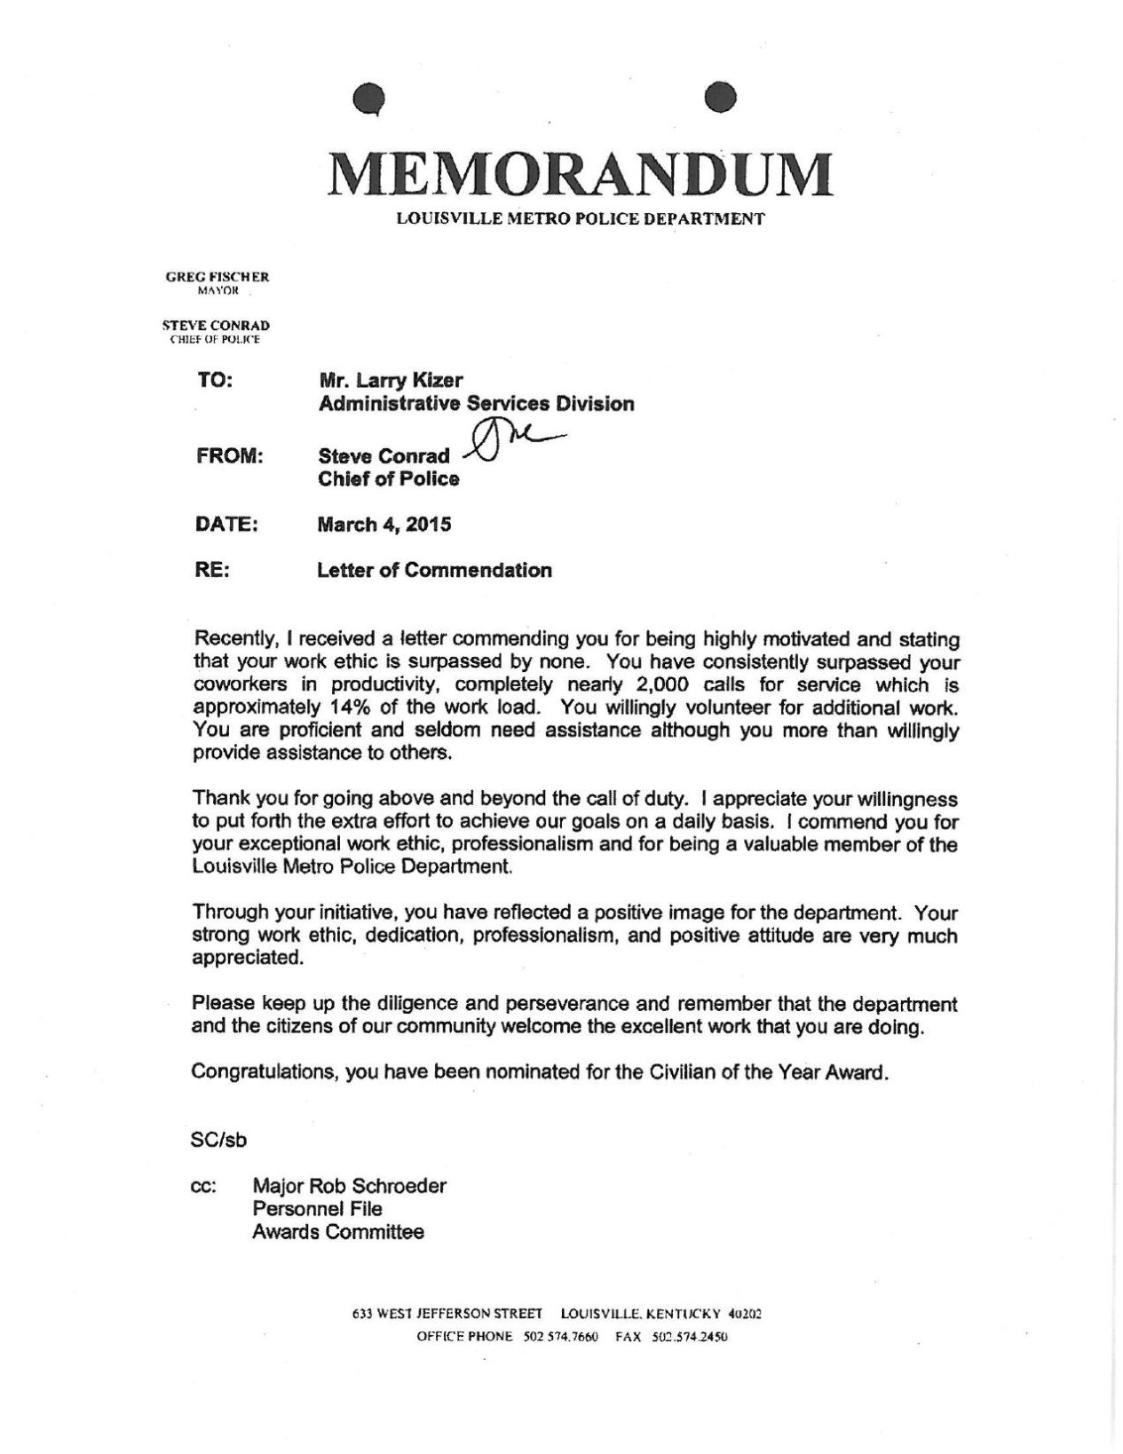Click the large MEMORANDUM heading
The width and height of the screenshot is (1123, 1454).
581,174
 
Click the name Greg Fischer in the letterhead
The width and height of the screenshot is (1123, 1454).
217,277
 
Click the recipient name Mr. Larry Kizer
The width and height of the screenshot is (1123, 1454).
391,380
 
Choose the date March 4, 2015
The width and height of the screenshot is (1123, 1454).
384,525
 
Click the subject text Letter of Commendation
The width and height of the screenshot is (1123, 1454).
434,571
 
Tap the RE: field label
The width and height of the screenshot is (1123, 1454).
212,571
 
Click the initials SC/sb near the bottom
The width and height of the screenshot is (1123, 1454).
218,1140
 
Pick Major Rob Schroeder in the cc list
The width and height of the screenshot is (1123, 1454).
349,1186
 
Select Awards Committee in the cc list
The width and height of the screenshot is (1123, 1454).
338,1232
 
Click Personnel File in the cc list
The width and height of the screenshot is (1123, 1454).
317,1209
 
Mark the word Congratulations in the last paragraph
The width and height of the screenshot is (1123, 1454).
264,1071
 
